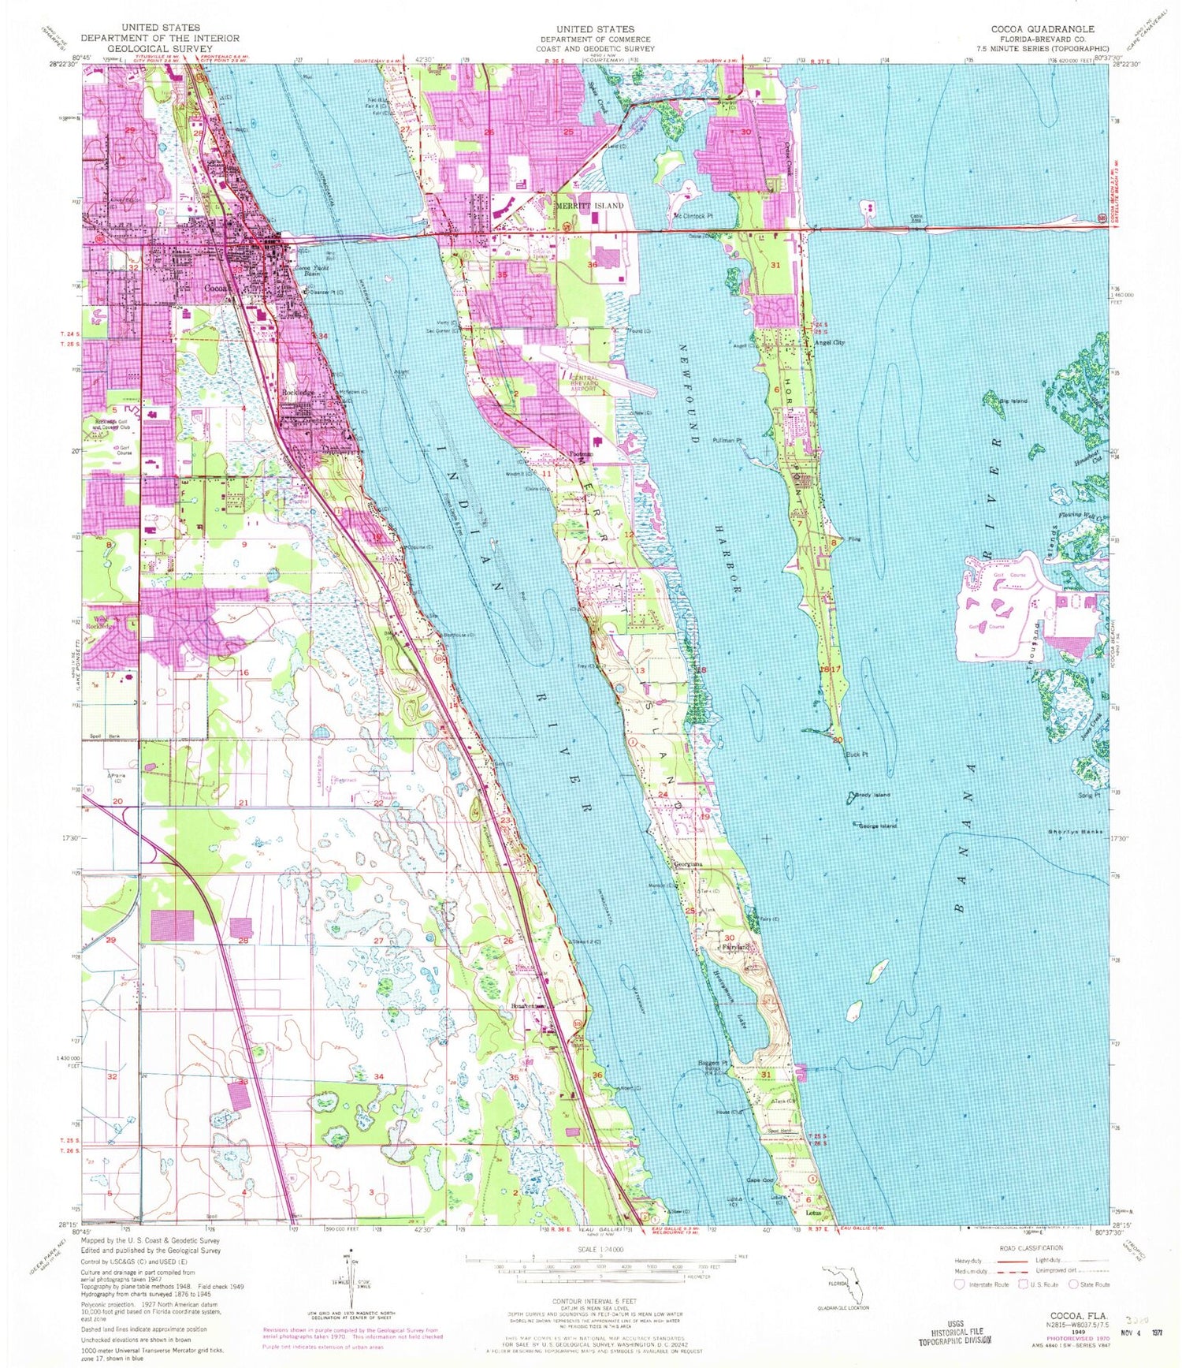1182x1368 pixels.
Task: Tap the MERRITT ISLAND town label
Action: click(x=590, y=206)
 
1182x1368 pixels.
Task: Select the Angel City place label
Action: click(x=829, y=343)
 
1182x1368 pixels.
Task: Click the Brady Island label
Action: click(x=872, y=796)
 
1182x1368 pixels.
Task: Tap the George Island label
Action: click(x=877, y=826)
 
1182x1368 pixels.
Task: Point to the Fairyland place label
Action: click(x=730, y=947)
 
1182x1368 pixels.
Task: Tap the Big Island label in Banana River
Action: click(x=1013, y=401)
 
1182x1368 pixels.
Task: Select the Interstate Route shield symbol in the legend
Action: click(x=961, y=1284)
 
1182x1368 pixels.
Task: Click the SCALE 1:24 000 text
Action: click(x=600, y=1251)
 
